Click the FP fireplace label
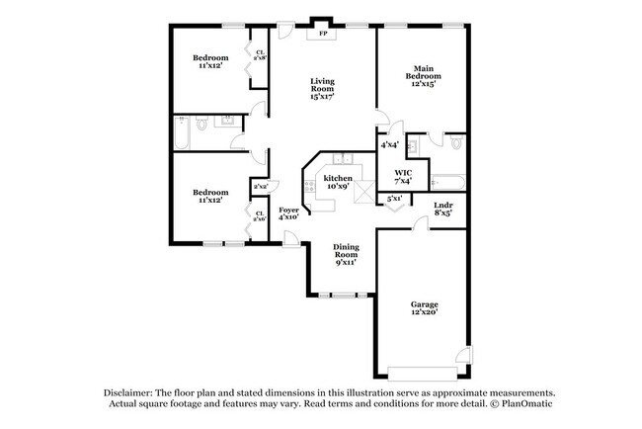[322, 34]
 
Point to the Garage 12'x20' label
[424, 308]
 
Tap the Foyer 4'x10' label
[288, 214]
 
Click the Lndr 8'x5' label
[443, 209]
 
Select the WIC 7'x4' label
[402, 177]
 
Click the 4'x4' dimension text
[389, 145]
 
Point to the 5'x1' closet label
[394, 199]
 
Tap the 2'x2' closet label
[261, 186]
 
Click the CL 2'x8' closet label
[260, 55]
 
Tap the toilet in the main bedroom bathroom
[455, 144]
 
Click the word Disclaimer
[133, 392]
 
